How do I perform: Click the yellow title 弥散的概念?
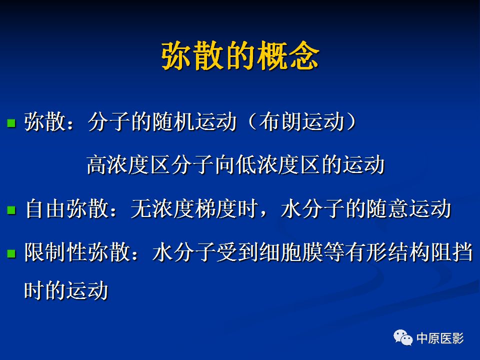[240, 56]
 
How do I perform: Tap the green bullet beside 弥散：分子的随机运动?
[11, 123]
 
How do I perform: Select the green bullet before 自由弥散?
[11, 210]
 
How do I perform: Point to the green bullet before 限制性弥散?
[11, 253]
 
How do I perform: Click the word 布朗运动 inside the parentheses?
[302, 122]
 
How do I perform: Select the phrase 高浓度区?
[128, 165]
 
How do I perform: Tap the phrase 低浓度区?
[278, 165]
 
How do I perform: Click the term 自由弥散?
[67, 209]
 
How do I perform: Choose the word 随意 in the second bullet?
[387, 209]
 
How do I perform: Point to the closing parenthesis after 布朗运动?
[351, 122]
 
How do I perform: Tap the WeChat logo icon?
[403, 338]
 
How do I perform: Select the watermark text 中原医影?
[440, 338]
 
